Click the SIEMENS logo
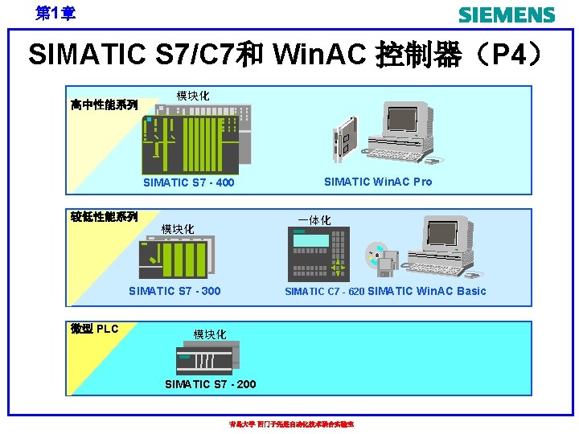[x=506, y=14]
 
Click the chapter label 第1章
[x=55, y=14]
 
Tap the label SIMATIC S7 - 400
[x=188, y=182]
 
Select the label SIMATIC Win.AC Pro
[x=377, y=182]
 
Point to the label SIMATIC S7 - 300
[x=175, y=291]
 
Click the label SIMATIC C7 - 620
[x=324, y=292]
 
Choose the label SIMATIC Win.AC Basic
[x=427, y=291]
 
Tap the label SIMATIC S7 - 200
[x=210, y=384]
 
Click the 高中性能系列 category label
[x=104, y=104]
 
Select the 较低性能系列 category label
[x=104, y=216]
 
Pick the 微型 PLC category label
[x=94, y=328]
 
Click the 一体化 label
[x=314, y=219]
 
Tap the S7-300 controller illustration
[x=177, y=257]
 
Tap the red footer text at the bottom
[x=291, y=424]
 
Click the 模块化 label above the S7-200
[x=209, y=334]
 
